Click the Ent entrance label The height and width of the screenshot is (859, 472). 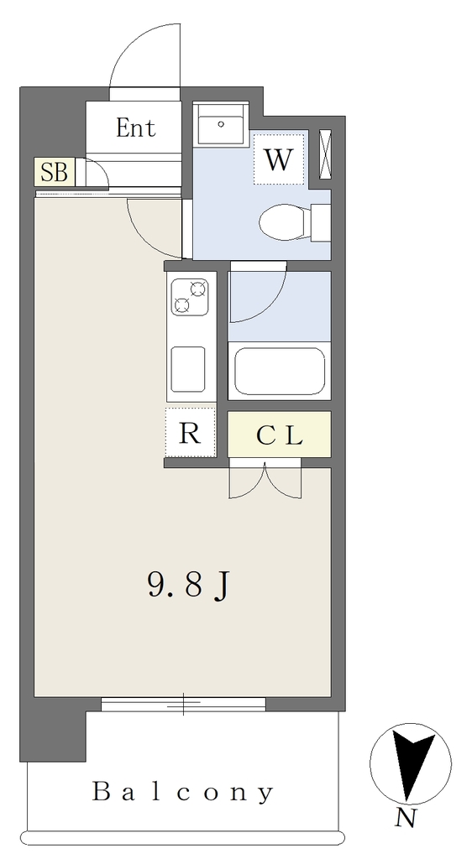coord(136,128)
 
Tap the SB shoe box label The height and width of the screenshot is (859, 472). coord(55,172)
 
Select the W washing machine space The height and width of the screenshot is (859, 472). coord(279,159)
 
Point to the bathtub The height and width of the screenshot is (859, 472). coord(280,370)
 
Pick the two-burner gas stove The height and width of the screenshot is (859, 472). coord(190,297)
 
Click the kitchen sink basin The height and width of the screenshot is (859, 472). coord(188,369)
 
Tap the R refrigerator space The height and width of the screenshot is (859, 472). coord(190,433)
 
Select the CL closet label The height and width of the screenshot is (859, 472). coord(279,436)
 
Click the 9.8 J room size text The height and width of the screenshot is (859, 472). coord(188,586)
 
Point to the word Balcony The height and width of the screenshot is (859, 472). coord(182,792)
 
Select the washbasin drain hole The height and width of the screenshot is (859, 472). coord(221,124)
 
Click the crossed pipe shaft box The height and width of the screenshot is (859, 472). coord(325,154)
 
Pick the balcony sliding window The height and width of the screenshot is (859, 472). coord(184,705)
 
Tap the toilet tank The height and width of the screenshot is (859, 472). coord(321,222)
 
